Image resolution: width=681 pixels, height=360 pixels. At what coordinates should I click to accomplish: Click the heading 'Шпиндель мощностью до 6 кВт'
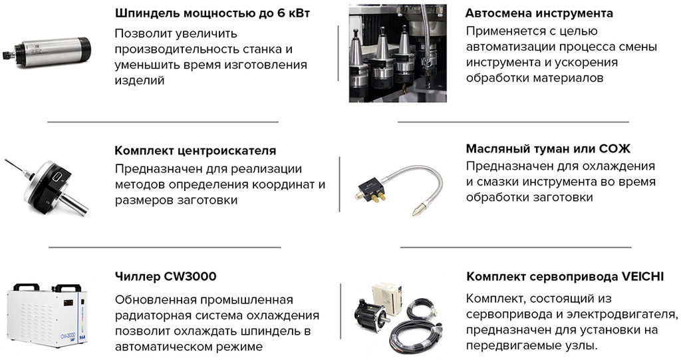click(213, 13)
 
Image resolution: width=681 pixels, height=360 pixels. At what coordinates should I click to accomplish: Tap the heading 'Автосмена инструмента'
click(539, 13)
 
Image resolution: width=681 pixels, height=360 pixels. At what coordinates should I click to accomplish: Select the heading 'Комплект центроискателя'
click(196, 150)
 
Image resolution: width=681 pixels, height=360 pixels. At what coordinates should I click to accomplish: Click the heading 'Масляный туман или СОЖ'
click(548, 148)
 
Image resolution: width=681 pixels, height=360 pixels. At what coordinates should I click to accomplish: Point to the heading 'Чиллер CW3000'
click(166, 276)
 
